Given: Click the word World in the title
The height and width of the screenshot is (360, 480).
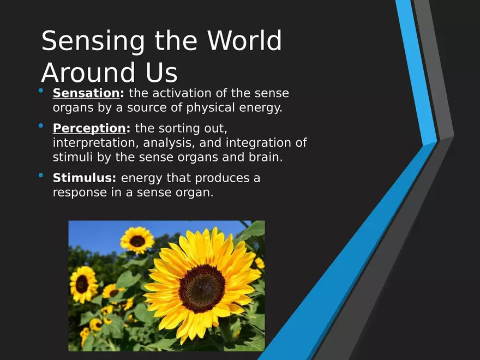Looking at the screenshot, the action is coord(244,40).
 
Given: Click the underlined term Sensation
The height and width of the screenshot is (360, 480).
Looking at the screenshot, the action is coord(86,93).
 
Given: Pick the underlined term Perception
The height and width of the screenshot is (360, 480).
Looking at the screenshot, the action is coord(89,129).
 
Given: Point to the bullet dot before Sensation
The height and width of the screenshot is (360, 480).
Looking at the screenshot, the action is coord(41,91).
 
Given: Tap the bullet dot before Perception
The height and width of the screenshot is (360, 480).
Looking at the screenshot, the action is coord(41,125).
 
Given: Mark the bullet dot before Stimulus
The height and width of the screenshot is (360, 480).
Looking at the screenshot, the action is coord(41,176).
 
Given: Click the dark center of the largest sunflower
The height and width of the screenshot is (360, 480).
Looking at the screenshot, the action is coord(202,289).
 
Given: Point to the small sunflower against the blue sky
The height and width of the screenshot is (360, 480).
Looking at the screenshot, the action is coord(137,241).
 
